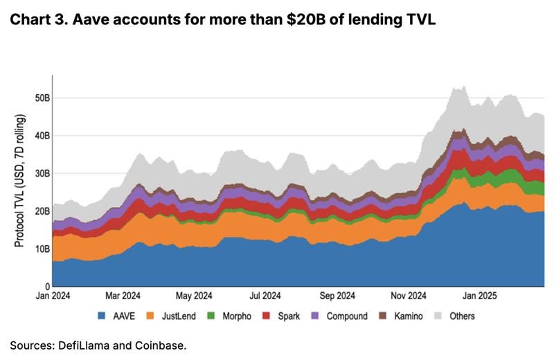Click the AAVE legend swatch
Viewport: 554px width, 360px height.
(100, 316)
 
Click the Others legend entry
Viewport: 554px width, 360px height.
(461, 316)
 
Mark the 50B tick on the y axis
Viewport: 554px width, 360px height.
(42, 98)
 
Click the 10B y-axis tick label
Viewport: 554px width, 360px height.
(42, 249)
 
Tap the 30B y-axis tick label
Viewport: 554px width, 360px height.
(42, 173)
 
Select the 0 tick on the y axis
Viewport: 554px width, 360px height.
(47, 286)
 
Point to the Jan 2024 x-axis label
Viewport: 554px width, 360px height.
(53, 296)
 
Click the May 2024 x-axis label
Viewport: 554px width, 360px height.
(193, 296)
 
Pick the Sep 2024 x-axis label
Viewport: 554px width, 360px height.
(338, 296)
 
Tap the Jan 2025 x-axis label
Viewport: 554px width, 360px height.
(476, 296)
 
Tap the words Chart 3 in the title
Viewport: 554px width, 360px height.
(35, 21)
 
